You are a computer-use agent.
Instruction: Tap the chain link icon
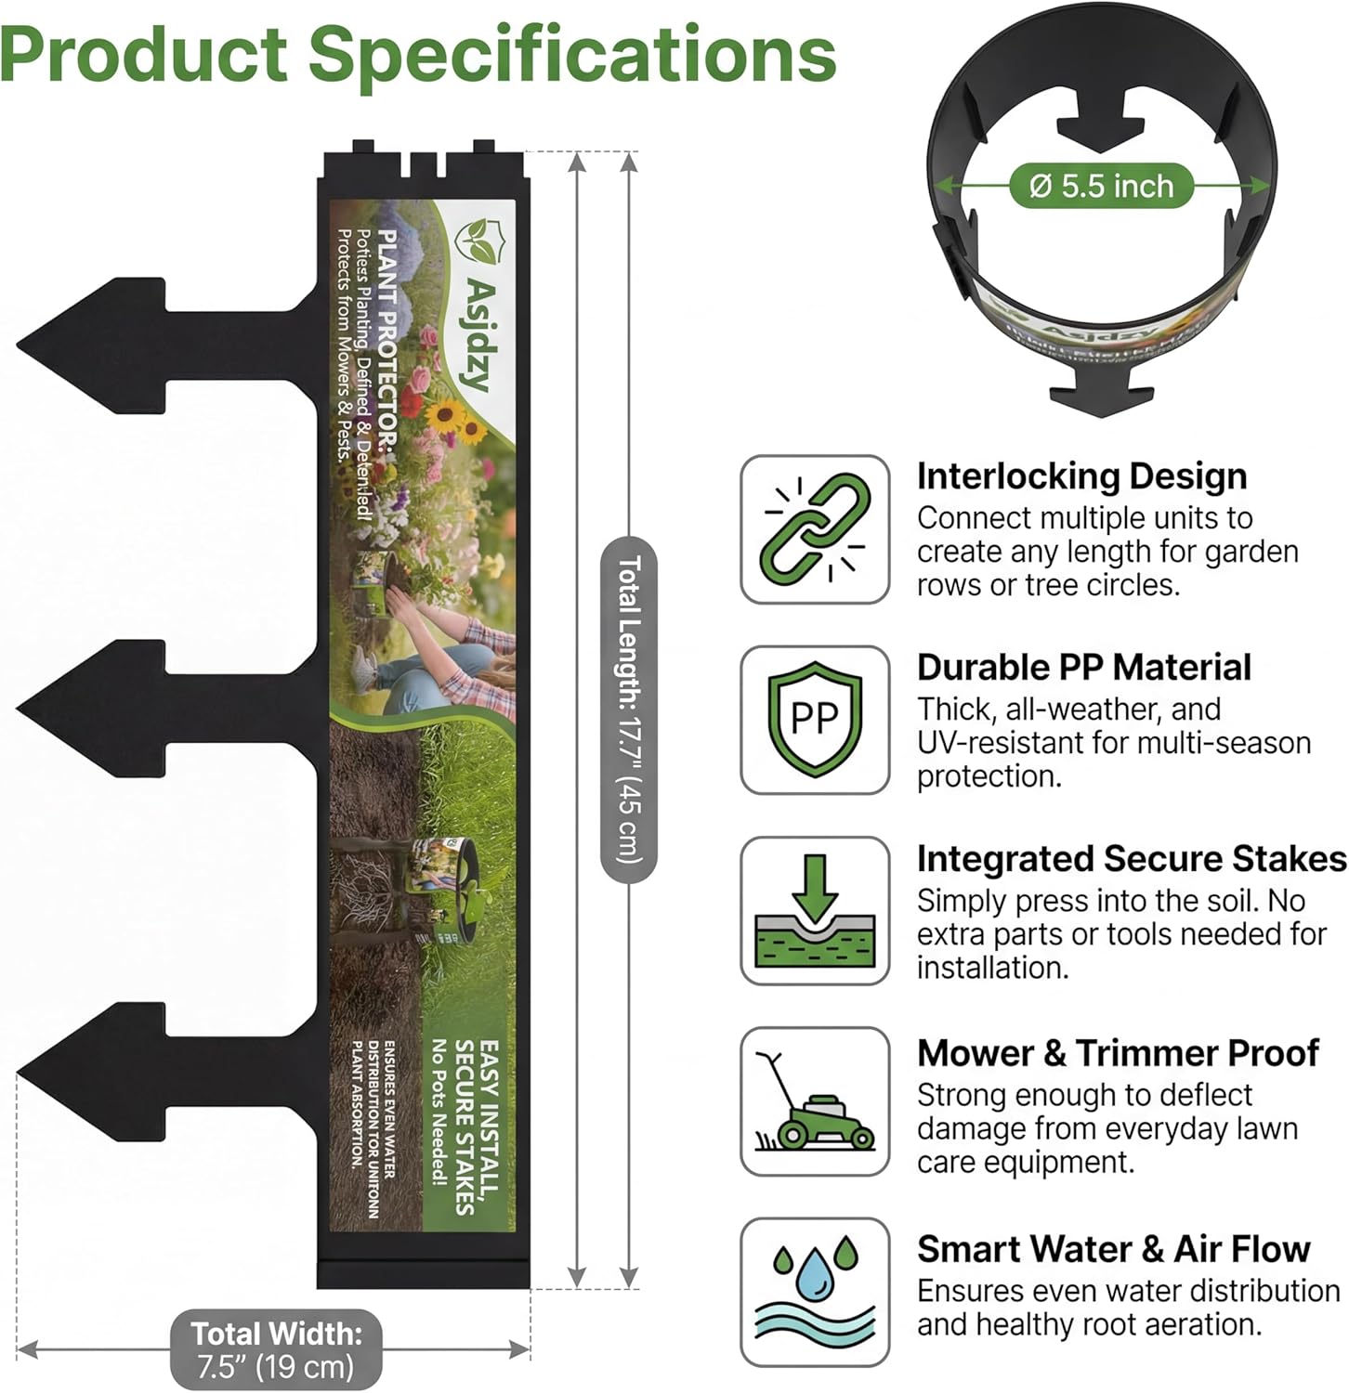click(815, 529)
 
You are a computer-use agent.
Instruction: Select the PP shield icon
click(815, 720)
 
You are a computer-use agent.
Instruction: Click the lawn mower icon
click(815, 1103)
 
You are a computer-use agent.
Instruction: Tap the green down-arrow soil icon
click(815, 911)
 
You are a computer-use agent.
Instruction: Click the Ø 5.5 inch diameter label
click(1101, 186)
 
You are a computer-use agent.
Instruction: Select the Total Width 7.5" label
click(276, 1349)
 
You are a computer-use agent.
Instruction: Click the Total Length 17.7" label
click(629, 710)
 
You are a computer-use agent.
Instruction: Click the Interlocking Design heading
click(1081, 476)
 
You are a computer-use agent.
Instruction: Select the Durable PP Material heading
click(1083, 668)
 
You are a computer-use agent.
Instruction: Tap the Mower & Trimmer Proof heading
click(1118, 1053)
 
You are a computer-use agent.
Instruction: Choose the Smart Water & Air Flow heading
click(1113, 1249)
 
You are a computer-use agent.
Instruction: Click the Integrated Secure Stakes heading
click(1131, 859)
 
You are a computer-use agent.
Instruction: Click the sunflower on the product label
click(445, 415)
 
